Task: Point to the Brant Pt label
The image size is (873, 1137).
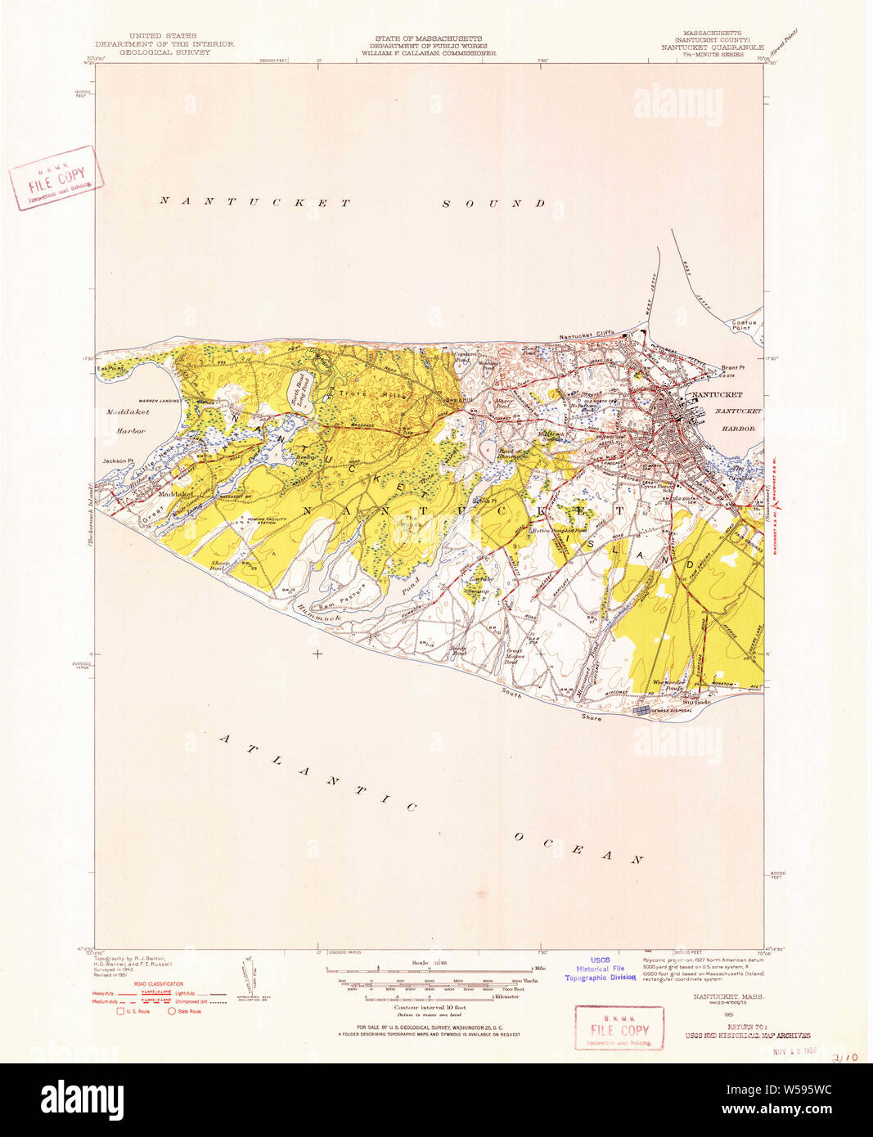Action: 732,368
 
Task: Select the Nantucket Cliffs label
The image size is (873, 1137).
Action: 586,337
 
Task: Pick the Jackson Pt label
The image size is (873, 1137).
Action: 115,461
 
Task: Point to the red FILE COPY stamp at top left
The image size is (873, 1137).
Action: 56,178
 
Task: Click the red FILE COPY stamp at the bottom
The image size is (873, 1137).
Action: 619,1027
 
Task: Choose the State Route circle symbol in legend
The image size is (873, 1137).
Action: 172,1012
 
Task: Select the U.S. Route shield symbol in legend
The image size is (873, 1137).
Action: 120,1012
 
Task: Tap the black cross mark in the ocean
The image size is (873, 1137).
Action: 317,654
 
